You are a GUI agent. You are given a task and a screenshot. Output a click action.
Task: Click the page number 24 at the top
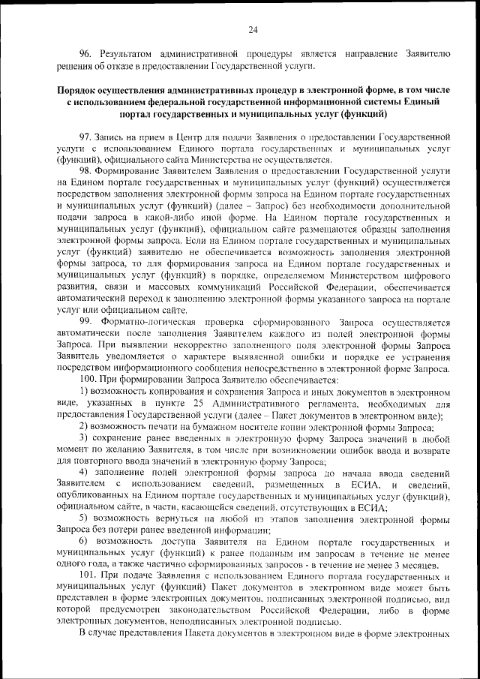pos(253,29)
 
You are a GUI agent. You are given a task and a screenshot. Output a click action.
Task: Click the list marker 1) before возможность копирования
pos(84,392)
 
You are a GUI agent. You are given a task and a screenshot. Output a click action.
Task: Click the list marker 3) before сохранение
pos(84,438)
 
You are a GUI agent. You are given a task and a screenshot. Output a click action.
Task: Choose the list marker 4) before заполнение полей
pos(84,472)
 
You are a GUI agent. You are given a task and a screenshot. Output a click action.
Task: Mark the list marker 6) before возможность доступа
pos(84,542)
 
